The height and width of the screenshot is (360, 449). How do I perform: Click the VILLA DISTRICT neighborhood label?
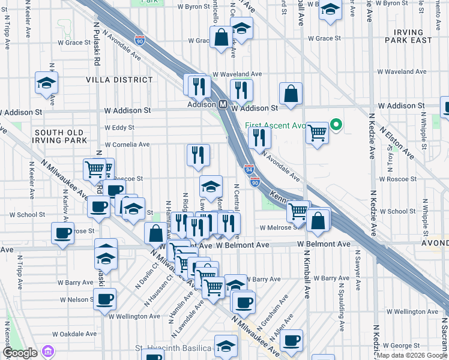pyautogui.click(x=119, y=80)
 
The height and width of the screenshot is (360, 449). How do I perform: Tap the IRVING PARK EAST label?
pyautogui.click(x=412, y=35)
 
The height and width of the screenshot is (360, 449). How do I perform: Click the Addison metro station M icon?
pyautogui.click(x=222, y=104)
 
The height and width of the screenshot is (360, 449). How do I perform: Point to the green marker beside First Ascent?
pyautogui.click(x=336, y=125)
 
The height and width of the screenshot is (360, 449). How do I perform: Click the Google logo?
pyautogui.click(x=20, y=353)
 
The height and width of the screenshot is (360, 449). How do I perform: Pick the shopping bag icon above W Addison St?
pyautogui.click(x=291, y=94)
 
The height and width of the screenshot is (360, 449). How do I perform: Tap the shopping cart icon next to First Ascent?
pyautogui.click(x=317, y=132)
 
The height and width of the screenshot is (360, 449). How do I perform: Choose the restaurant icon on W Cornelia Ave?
pyautogui.click(x=198, y=155)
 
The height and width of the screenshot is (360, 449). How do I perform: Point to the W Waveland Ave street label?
pyautogui.click(x=238, y=74)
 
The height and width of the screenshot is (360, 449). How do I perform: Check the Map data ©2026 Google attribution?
pyautogui.click(x=411, y=356)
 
